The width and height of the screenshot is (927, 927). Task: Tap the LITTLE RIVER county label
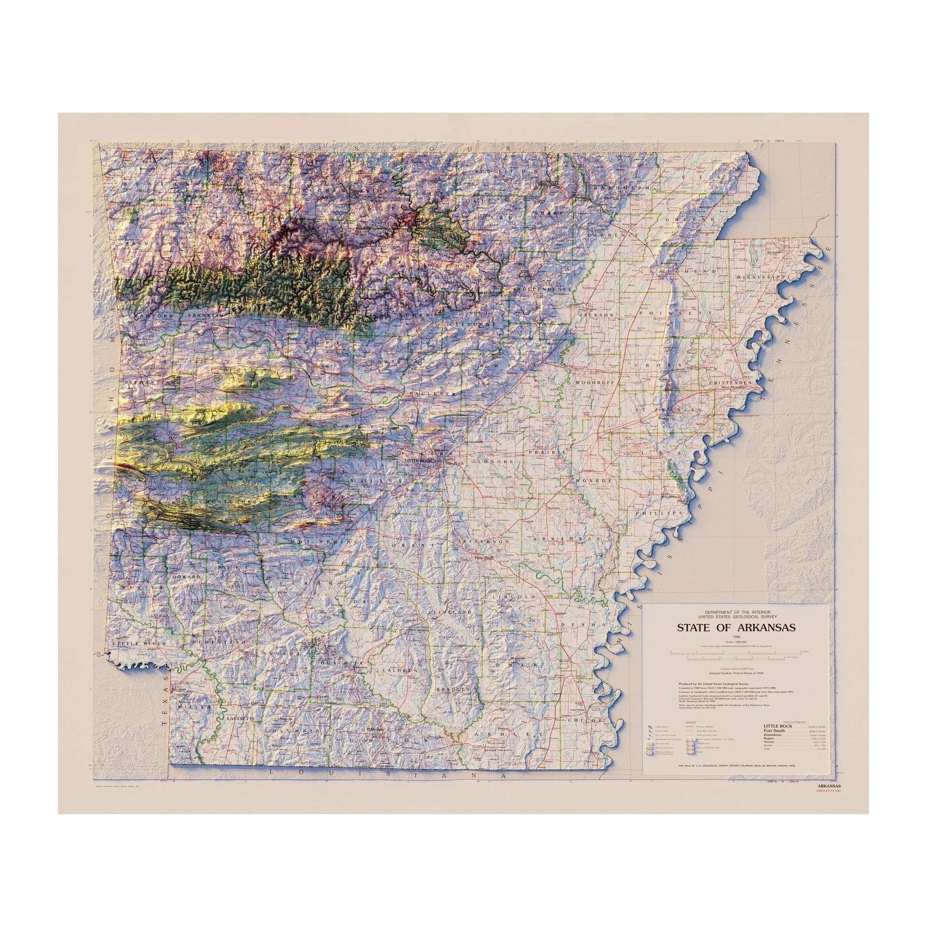click(139, 644)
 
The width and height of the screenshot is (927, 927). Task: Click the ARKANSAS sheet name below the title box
click(828, 800)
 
